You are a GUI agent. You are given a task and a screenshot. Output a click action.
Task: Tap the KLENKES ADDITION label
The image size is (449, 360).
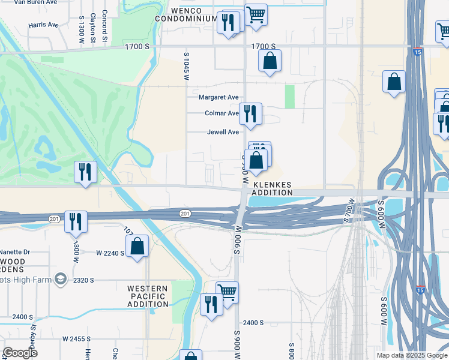point(272,188)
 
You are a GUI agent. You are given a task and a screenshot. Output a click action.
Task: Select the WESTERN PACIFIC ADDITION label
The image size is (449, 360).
point(148,296)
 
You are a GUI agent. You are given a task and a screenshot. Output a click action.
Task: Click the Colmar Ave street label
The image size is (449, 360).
point(221,113)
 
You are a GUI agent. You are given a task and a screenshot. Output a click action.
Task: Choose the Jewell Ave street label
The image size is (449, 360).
point(223,132)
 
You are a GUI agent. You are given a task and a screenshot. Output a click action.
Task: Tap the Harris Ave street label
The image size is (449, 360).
point(43,25)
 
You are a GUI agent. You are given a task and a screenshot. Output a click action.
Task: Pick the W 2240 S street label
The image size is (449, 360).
point(110,253)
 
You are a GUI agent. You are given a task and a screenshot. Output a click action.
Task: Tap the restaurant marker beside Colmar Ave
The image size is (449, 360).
point(249,113)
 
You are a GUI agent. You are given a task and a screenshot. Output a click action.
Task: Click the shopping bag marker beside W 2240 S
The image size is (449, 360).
point(137,245)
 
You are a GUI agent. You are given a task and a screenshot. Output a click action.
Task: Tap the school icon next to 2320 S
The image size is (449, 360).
point(60,278)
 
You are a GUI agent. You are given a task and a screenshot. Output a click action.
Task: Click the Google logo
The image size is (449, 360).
point(20,352)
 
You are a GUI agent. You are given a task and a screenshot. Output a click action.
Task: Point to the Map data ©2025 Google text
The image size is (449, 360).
point(411,355)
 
